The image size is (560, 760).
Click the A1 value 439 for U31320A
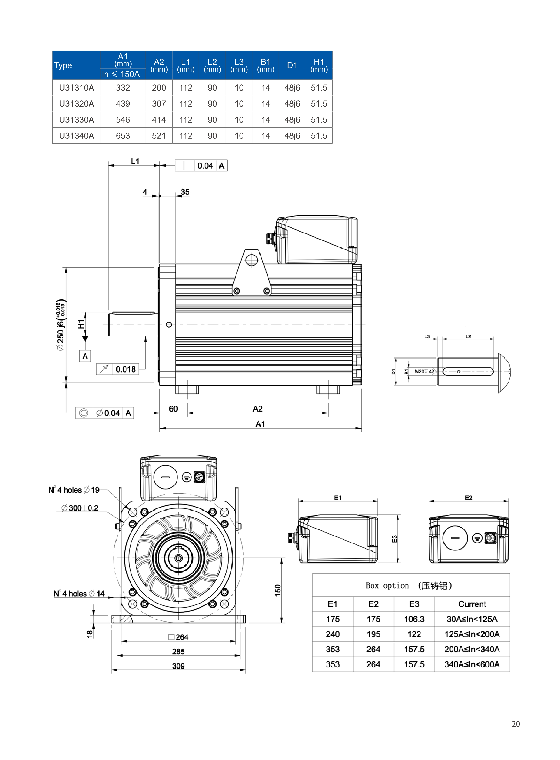[123, 104]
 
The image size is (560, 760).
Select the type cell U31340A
[76, 136]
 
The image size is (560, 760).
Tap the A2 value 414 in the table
[159, 120]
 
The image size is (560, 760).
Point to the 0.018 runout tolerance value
[125, 369]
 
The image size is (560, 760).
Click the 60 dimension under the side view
[173, 409]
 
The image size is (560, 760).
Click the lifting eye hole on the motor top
[252, 260]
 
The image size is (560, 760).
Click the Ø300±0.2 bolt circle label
[80, 508]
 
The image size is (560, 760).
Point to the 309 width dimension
[178, 666]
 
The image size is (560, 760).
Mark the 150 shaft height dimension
[278, 590]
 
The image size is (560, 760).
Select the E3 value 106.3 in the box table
[414, 619]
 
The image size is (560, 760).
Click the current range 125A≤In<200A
[472, 634]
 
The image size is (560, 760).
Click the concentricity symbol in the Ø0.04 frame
[84, 413]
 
